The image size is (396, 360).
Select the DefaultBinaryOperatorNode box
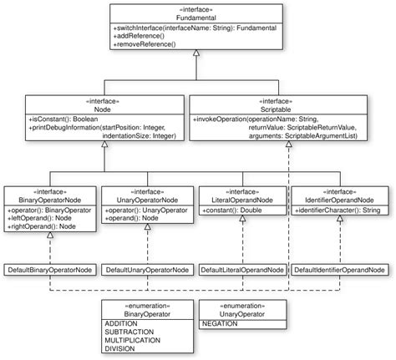coord(49,271)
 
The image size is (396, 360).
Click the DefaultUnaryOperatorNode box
coord(145,271)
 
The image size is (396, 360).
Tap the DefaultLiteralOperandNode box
coord(241,271)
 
